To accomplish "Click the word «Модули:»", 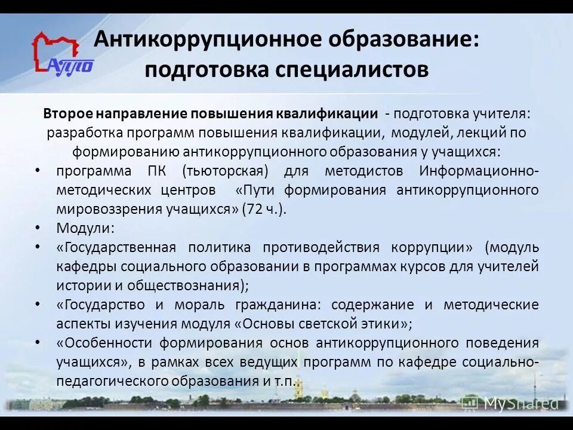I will pos(85,228).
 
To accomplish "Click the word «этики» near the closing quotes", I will pos(381,324).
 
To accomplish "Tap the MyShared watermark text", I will pos(520,404).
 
